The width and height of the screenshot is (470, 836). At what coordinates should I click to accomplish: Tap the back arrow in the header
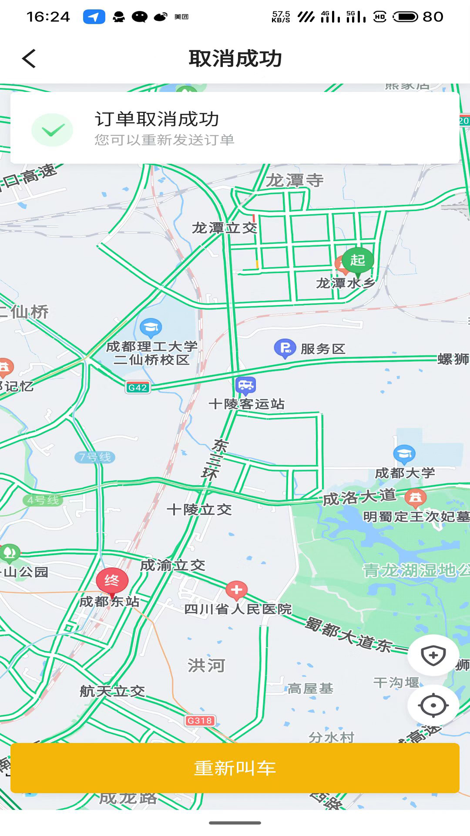click(29, 58)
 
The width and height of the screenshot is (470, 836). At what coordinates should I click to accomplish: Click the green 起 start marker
click(357, 260)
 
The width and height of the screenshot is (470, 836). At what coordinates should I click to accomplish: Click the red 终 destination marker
click(112, 581)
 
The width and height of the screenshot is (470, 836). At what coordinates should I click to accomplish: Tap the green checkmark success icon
click(52, 130)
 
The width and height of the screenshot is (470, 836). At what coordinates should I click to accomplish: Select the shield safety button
click(433, 655)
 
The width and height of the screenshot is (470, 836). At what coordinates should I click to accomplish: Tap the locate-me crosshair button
click(433, 705)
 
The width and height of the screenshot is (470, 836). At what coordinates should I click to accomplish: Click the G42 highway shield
click(138, 388)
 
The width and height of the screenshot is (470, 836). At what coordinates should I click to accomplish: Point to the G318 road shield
click(200, 721)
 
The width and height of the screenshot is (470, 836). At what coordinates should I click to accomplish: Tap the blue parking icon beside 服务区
click(285, 348)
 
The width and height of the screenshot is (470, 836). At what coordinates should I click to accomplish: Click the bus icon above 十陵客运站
click(245, 385)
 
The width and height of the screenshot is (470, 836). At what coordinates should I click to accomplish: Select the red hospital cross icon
click(236, 590)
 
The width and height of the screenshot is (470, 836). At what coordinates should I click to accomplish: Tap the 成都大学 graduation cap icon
click(404, 454)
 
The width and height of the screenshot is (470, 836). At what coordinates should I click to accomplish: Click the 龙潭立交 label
click(225, 228)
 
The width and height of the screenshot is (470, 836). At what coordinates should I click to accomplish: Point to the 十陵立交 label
click(199, 509)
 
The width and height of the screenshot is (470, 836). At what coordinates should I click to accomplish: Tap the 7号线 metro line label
click(95, 457)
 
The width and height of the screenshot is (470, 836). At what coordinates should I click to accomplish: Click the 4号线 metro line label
click(43, 500)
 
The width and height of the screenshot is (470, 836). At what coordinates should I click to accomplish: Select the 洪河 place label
click(206, 665)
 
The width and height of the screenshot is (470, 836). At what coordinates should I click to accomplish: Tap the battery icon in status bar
click(405, 17)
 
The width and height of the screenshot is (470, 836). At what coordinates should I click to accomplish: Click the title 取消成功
click(235, 58)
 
